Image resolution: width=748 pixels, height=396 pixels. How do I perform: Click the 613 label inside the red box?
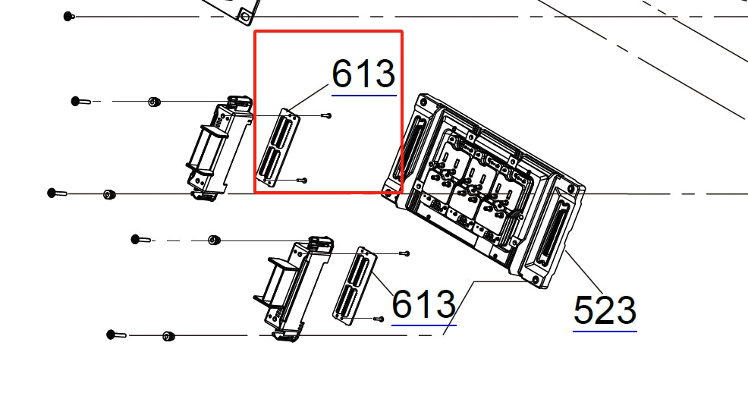click(x=363, y=74)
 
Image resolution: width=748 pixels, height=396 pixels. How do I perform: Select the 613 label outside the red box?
click(x=423, y=304)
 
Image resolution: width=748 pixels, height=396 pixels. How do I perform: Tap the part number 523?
click(x=605, y=311)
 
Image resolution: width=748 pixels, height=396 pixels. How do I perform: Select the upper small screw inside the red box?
click(x=326, y=115)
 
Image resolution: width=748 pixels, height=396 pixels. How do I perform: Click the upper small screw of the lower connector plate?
click(x=404, y=253)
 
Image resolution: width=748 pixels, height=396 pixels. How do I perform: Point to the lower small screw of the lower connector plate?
click(x=378, y=319)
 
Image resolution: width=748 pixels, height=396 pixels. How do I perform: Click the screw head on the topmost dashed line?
click(x=68, y=16)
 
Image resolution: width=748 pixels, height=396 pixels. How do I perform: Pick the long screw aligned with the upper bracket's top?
click(x=80, y=101)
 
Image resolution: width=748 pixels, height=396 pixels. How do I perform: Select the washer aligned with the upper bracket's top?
click(x=154, y=102)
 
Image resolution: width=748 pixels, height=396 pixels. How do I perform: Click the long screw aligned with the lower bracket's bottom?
click(x=115, y=335)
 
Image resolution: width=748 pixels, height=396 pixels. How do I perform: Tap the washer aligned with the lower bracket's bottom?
click(x=168, y=335)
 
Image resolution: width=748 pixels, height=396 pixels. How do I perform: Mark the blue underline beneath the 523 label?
click(x=605, y=331)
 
